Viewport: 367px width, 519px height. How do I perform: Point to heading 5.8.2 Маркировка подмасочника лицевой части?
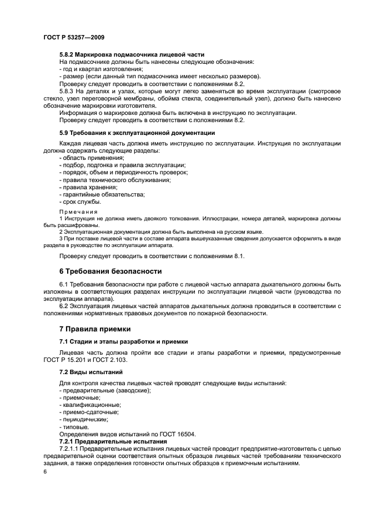click(132, 54)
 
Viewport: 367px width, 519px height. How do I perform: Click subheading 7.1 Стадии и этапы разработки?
click(123, 341)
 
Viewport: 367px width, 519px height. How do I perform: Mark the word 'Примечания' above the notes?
click(78, 212)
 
